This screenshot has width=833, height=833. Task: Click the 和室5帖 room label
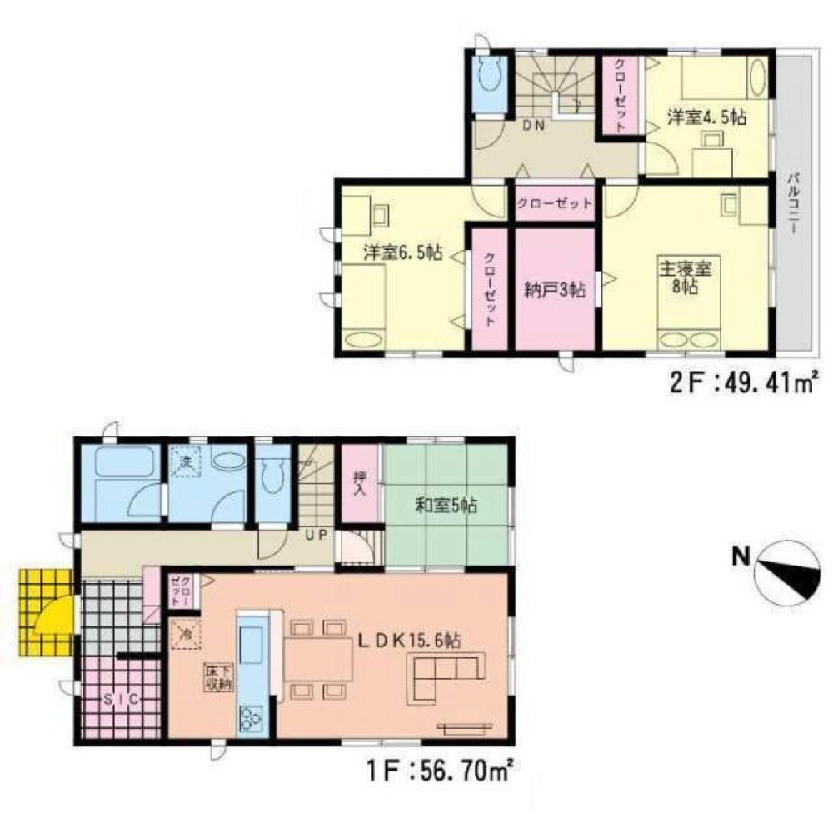(x=446, y=506)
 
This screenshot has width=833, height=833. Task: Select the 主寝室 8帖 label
(x=686, y=277)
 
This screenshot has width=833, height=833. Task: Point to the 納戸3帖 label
(x=555, y=290)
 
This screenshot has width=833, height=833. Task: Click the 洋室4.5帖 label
(x=707, y=117)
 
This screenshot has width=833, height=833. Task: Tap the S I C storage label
(x=121, y=700)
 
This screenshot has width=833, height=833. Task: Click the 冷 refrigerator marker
(x=186, y=634)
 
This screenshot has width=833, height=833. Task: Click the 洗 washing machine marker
(x=186, y=461)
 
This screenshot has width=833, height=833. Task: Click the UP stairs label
(x=316, y=535)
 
